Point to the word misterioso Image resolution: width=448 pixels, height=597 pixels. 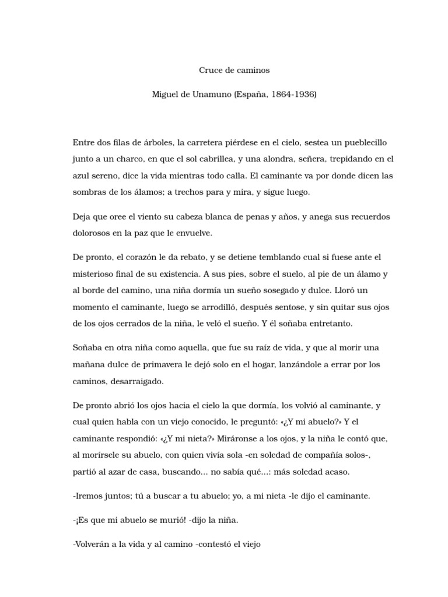point(96,274)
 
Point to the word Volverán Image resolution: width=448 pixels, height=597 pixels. point(93,545)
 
